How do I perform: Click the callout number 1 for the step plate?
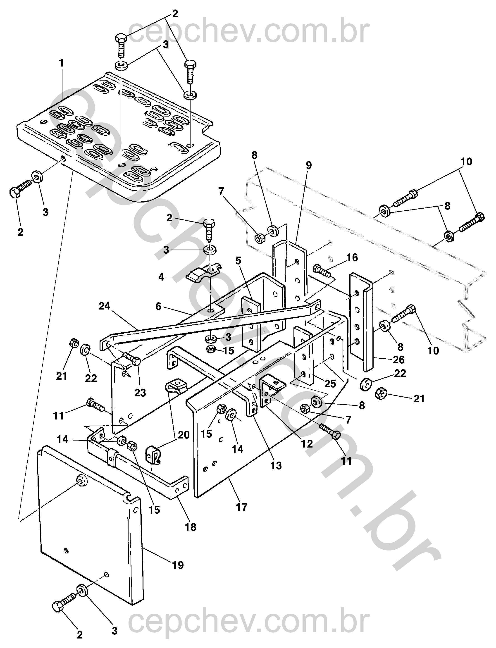pyautogui.click(x=61, y=63)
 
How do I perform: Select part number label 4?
pyautogui.click(x=161, y=277)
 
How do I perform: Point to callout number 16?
pyautogui.click(x=352, y=258)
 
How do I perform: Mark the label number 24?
pyautogui.click(x=105, y=306)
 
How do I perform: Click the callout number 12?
pyautogui.click(x=307, y=444)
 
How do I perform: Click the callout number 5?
pyautogui.click(x=238, y=261)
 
